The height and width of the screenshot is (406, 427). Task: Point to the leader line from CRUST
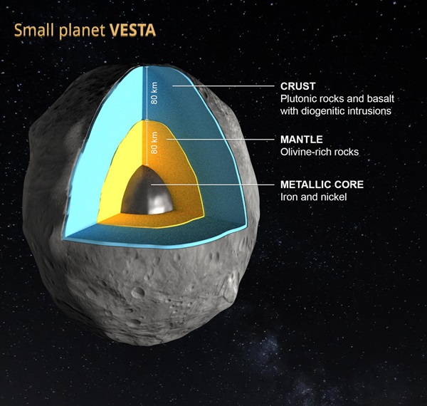click(x=228, y=86)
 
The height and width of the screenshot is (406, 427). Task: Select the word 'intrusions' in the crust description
click(x=371, y=111)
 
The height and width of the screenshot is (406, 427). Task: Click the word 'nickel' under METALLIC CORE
click(x=332, y=197)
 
